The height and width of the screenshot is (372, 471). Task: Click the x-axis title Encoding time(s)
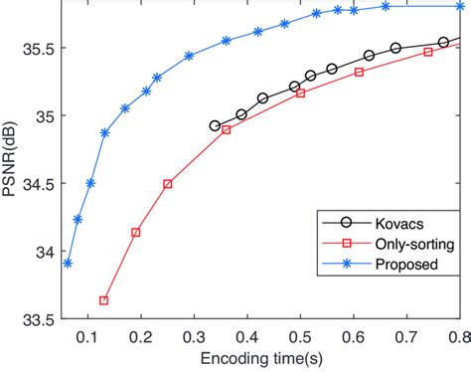(258, 357)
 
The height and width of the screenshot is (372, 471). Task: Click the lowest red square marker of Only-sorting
(104, 300)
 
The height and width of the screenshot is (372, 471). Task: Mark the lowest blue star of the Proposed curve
(67, 264)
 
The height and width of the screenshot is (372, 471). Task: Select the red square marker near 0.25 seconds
(168, 184)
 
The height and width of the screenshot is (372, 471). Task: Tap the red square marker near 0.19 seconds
(136, 232)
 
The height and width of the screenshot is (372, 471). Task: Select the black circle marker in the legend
(334, 224)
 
